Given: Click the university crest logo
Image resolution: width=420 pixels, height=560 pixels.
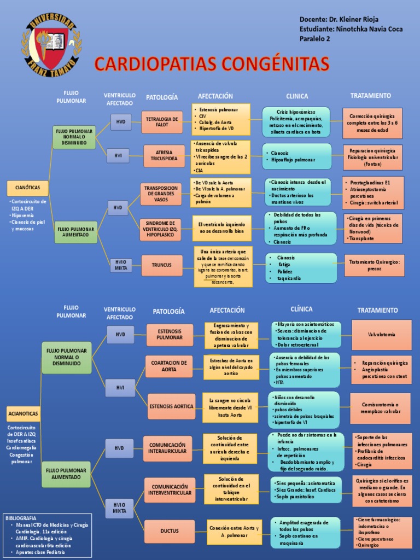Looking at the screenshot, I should (50, 46).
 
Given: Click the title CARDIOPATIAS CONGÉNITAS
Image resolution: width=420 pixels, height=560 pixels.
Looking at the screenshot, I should (212, 63).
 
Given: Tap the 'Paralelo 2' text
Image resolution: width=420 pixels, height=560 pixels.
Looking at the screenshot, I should (315, 38).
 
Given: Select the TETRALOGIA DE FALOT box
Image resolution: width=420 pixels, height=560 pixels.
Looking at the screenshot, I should (162, 122).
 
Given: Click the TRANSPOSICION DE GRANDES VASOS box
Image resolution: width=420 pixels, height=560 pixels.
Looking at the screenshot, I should (161, 194).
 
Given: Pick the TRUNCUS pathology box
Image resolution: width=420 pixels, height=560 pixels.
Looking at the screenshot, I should (162, 265).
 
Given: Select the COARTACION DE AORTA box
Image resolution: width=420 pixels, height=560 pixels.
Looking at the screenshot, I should (169, 366).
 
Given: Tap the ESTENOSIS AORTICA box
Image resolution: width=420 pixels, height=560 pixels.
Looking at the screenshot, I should (171, 406).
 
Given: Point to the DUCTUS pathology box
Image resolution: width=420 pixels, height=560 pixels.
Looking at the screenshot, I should (170, 531).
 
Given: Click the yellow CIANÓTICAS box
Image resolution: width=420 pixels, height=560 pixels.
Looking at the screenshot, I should (28, 188).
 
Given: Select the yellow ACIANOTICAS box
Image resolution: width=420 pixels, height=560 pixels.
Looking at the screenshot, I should (24, 413).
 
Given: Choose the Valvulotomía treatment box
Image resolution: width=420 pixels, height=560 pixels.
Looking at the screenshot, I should (381, 334).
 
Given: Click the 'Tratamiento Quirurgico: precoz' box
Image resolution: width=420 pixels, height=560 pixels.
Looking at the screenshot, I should (375, 265).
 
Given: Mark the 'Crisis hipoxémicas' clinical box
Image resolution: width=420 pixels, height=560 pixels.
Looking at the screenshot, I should (296, 122).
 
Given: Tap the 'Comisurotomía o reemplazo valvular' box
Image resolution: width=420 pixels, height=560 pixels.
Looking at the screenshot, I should (381, 408).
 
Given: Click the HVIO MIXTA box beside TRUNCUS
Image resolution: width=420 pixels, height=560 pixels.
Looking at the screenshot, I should (121, 265).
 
